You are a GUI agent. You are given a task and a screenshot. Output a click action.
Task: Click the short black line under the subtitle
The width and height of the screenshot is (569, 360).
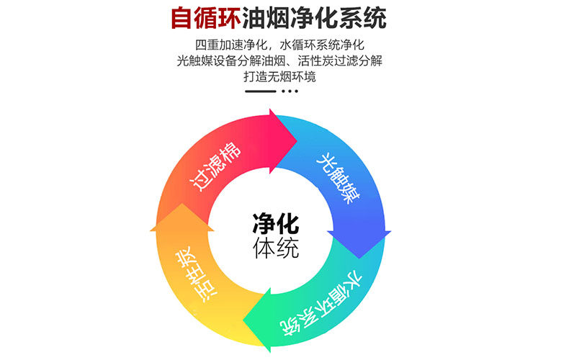tap(261, 91)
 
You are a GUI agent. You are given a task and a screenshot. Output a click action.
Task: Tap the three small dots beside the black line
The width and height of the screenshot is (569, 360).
tap(289, 91)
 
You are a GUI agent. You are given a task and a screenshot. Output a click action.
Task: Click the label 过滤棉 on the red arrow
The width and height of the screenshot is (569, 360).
tap(215, 166)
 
